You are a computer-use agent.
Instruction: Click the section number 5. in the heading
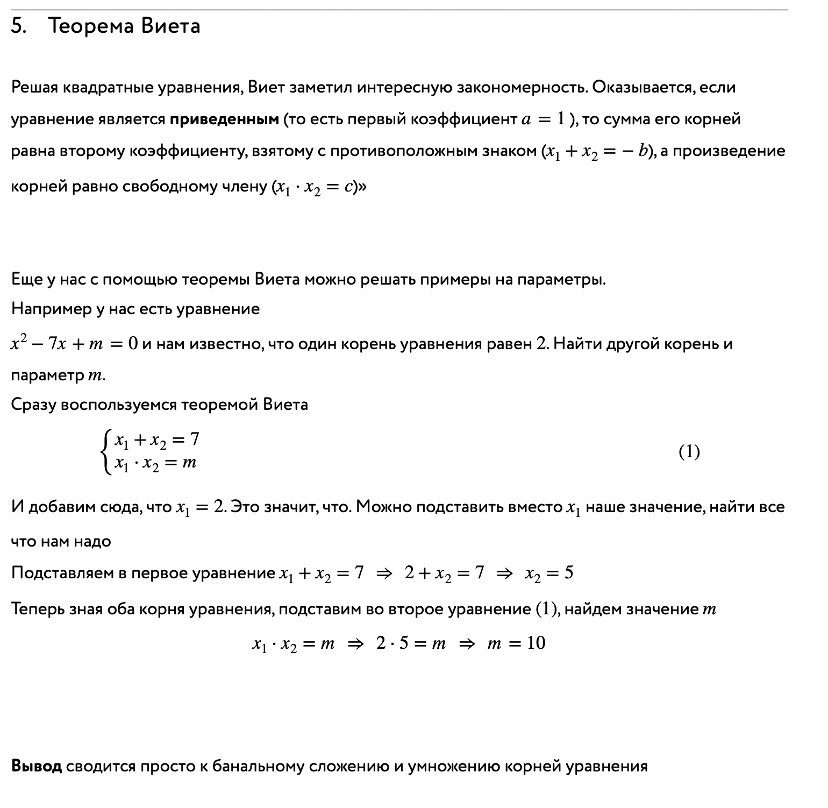pos(19,26)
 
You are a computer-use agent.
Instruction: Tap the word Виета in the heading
pos(171,26)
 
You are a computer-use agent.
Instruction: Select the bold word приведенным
pos(224,119)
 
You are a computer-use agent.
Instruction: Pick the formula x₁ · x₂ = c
pos(314,187)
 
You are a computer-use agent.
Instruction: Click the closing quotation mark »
pos(362,187)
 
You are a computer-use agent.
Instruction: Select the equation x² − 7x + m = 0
pos(74,344)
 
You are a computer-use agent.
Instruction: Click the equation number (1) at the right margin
pos(689,451)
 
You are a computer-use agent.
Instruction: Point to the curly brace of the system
pos(106,451)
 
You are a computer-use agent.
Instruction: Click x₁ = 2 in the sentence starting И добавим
pos(199,507)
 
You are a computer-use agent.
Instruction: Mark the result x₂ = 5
pos(549,573)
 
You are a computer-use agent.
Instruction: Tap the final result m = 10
pos(516,643)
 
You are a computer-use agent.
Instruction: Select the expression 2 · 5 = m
pos(411,643)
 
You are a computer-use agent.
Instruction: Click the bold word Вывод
pos(37,766)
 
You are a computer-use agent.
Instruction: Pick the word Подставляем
pos(62,573)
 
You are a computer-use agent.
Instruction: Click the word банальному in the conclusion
pos(259,766)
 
